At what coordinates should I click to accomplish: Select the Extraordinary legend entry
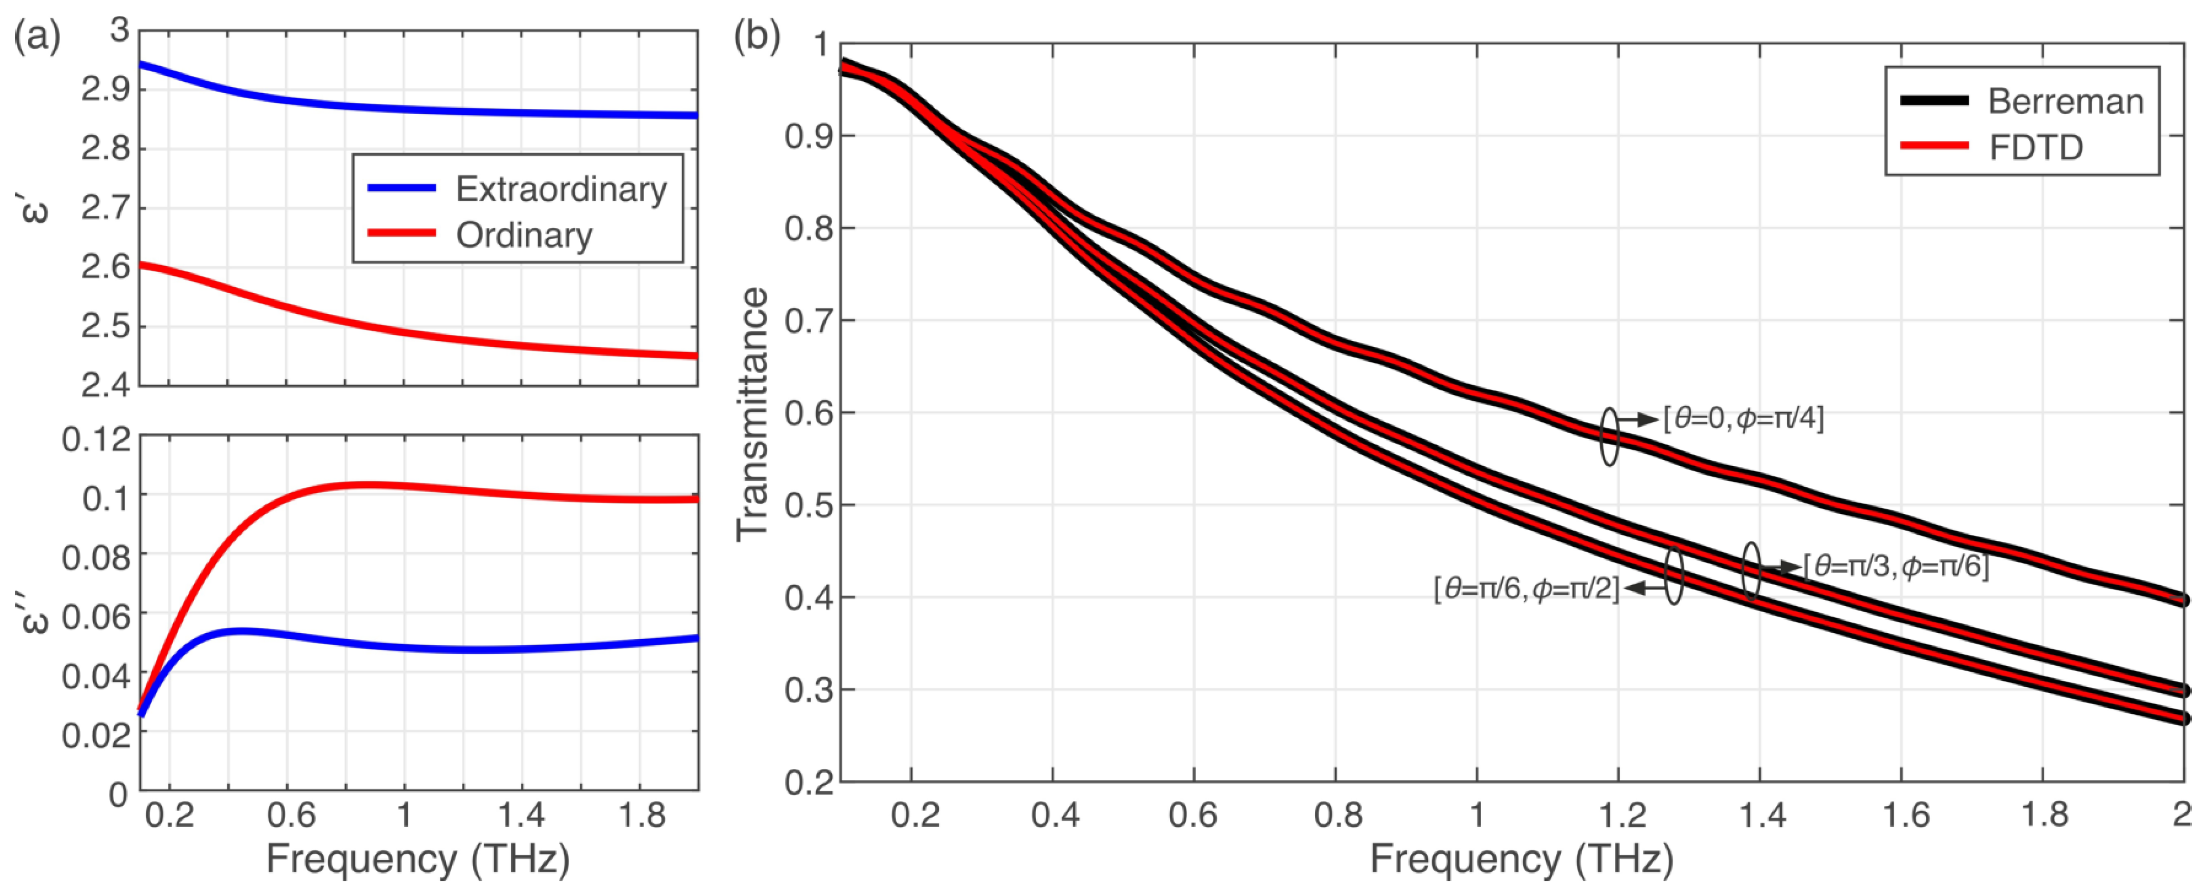pos(561,189)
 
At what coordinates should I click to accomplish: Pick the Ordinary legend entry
pos(524,235)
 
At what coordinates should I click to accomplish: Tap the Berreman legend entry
pos(2064,102)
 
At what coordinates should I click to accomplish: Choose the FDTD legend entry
pos(2035,148)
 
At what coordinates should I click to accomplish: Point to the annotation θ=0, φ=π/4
pos(1744,418)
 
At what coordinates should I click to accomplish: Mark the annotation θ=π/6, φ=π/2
pos(1527,589)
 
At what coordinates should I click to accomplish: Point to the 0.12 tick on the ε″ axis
pos(96,440)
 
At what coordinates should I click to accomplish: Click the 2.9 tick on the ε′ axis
pos(105,89)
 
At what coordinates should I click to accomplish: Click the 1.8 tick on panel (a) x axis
pos(642,815)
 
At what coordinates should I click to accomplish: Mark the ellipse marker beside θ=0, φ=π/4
pos(1609,436)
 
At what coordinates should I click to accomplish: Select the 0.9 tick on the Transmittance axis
pos(809,136)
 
